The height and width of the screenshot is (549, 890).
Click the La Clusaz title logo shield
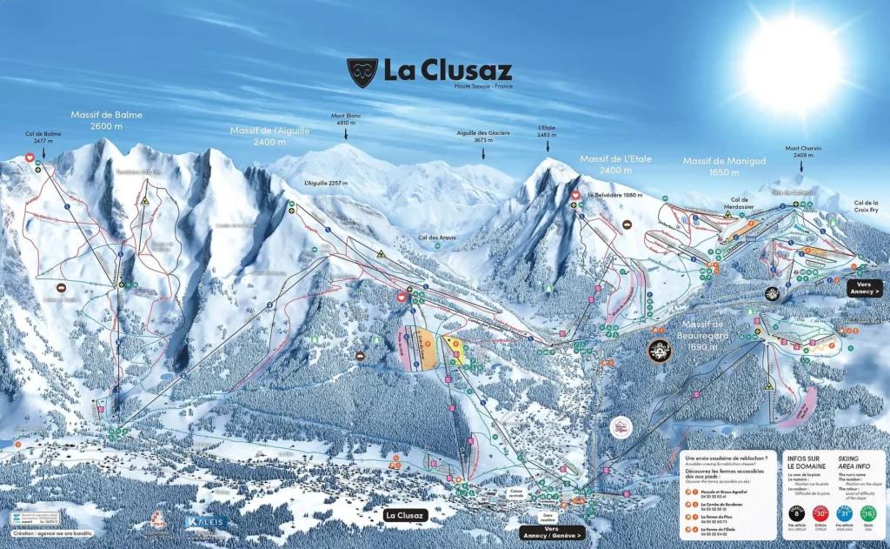pos(362,72)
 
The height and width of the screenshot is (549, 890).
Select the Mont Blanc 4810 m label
pos(345,119)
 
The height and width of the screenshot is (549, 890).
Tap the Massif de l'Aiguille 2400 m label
pos(264,136)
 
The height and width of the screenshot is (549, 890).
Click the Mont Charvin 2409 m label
pos(803,152)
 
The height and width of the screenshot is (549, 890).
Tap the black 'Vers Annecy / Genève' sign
pos(552,533)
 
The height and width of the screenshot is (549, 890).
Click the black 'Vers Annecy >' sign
pos(865,288)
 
